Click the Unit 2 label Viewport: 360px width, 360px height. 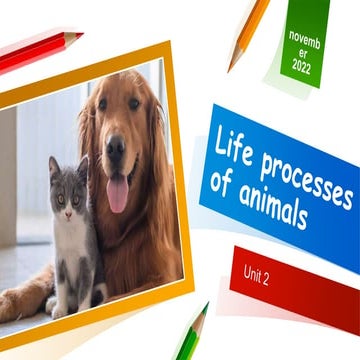[257, 275]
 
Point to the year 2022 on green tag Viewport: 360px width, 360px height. [302, 67]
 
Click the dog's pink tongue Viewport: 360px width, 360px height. [118, 192]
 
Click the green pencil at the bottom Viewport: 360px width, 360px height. [191, 334]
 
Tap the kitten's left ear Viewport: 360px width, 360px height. [54, 165]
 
